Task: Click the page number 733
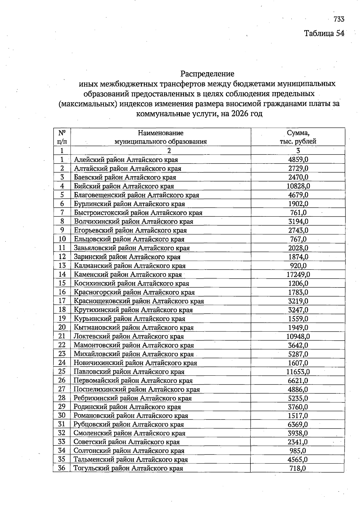pyautogui.click(x=338, y=20)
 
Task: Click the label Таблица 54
pyautogui.click(x=324, y=33)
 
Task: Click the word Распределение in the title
pyautogui.click(x=207, y=74)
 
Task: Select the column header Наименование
pyautogui.click(x=160, y=133)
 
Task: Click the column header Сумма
pyautogui.click(x=298, y=133)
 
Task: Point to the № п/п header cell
pyautogui.click(x=62, y=137)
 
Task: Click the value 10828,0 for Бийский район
pyautogui.click(x=298, y=186)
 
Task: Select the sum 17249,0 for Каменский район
pyautogui.click(x=298, y=274)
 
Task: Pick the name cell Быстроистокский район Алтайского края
pyautogui.click(x=138, y=213)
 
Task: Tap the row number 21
pyautogui.click(x=62, y=336)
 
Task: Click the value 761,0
pyautogui.click(x=298, y=213)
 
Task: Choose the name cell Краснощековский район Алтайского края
pyautogui.click(x=139, y=301)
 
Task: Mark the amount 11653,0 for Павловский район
pyautogui.click(x=298, y=372)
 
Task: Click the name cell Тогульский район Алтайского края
pyautogui.click(x=128, y=468)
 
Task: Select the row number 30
pyautogui.click(x=62, y=415)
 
